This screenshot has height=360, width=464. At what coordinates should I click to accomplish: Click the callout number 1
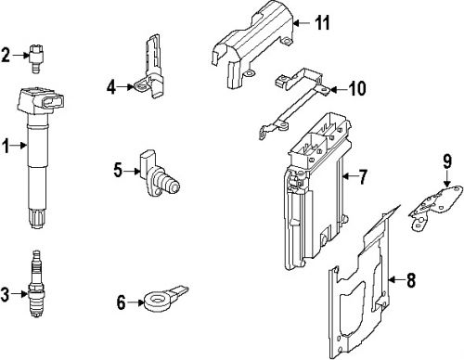pos(6,145)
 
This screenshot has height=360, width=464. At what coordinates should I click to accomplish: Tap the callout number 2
pos(6,56)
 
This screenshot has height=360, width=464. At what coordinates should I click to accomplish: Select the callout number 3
pos(6,295)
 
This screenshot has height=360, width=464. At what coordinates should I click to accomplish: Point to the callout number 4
pos(111,87)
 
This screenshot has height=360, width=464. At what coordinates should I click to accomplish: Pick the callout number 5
pos(118,169)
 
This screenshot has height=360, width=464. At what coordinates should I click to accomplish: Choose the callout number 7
pos(363,175)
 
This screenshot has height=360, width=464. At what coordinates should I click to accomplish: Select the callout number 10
pos(357,89)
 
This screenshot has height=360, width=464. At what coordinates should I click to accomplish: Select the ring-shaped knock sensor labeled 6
pos(157,300)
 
